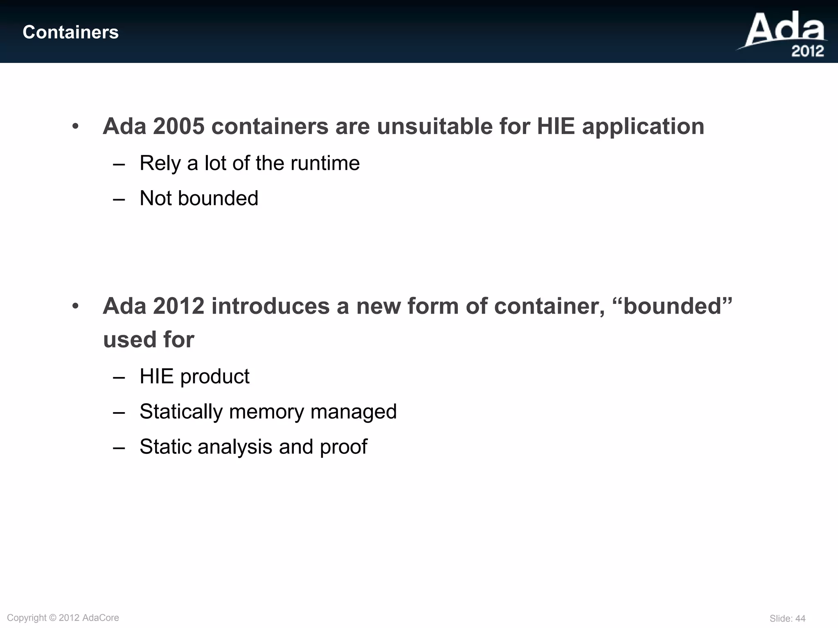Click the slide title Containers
70,32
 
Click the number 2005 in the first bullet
178,126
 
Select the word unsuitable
435,126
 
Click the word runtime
325,164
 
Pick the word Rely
160,164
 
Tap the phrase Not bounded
199,198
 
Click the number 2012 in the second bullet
178,306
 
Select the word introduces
270,306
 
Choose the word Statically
181,412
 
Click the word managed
354,412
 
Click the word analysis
235,447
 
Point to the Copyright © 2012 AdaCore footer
63,618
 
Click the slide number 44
800,619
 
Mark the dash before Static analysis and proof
119,447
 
